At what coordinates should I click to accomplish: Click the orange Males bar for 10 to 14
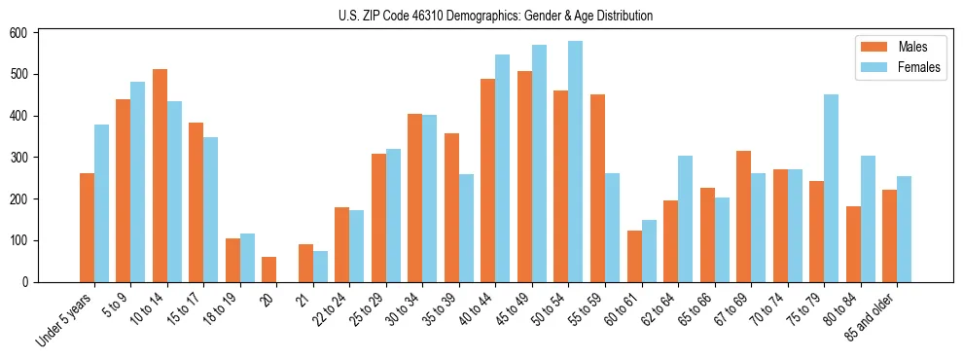[160, 176]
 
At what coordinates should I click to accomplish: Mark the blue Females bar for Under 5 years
[101, 203]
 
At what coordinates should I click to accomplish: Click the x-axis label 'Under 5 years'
[65, 318]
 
